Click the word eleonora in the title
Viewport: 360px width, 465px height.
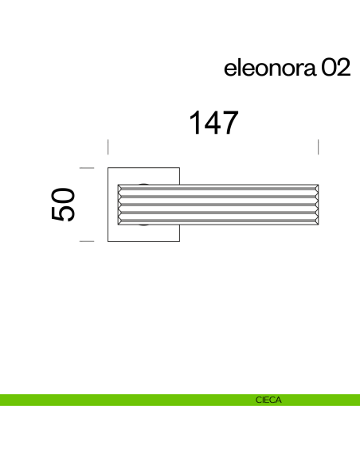click(270, 69)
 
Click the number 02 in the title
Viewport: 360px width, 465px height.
click(335, 69)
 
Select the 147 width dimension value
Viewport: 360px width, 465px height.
click(213, 123)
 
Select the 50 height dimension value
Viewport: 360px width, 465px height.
click(64, 204)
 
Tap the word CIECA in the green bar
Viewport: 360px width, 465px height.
click(268, 400)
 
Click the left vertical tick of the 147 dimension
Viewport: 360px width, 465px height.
click(108, 147)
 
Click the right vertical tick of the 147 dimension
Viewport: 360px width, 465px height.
click(319, 147)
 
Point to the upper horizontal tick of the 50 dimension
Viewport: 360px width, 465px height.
click(88, 168)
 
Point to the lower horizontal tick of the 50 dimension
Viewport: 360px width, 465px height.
click(88, 240)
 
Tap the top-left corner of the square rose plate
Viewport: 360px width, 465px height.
click(109, 169)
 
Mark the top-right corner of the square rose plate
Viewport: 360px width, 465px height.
click(178, 169)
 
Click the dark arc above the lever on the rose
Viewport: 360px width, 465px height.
click(144, 182)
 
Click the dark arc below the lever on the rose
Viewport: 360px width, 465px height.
click(144, 226)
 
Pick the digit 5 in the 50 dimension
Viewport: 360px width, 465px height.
click(64, 215)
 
